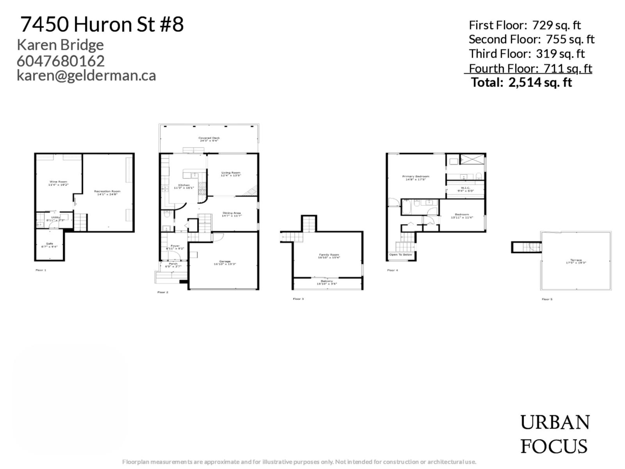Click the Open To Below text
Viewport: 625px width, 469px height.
[x=400, y=254]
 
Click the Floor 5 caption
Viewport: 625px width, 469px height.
[x=547, y=299]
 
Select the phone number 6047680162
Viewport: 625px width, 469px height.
[x=61, y=61]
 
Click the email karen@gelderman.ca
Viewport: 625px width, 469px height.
[x=86, y=75]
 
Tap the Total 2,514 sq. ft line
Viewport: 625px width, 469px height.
[x=521, y=82]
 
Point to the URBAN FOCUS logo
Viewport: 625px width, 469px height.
[x=555, y=434]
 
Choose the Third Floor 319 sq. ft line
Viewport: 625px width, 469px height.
[x=527, y=54]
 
